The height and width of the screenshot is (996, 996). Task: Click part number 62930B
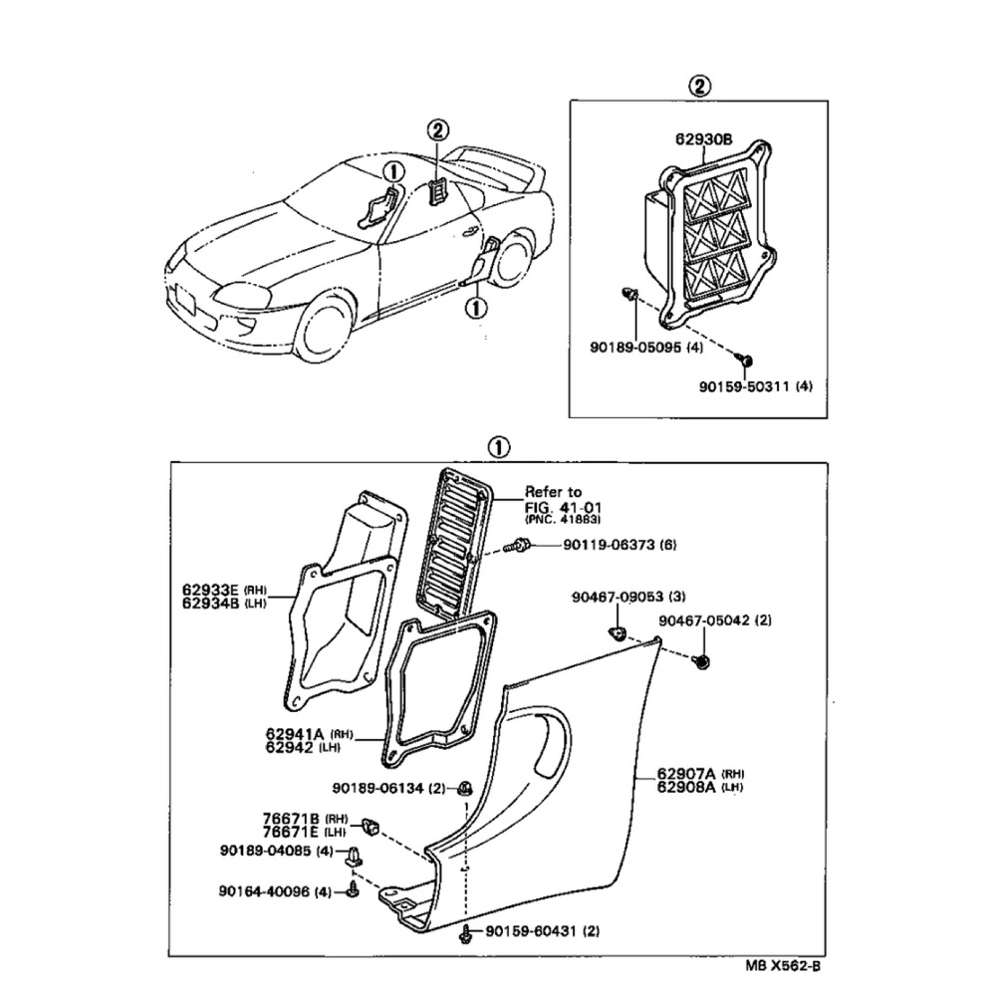pos(704,138)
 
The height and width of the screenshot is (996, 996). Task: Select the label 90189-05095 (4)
pos(646,348)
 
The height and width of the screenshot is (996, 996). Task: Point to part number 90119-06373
pos(609,545)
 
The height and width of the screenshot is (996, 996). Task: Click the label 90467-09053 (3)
pos(628,597)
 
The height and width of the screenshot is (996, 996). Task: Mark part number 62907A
pos(686,774)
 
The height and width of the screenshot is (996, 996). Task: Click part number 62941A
pos(295,735)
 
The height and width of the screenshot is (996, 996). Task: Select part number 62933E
pos(211,591)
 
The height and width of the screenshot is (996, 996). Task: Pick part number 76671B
pos(292,819)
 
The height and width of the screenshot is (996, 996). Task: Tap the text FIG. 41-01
pos(563,508)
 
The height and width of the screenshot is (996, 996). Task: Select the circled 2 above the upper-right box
pos(699,86)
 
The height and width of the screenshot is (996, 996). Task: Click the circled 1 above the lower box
pos(499,448)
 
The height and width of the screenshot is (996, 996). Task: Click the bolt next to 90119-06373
pos(517,545)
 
